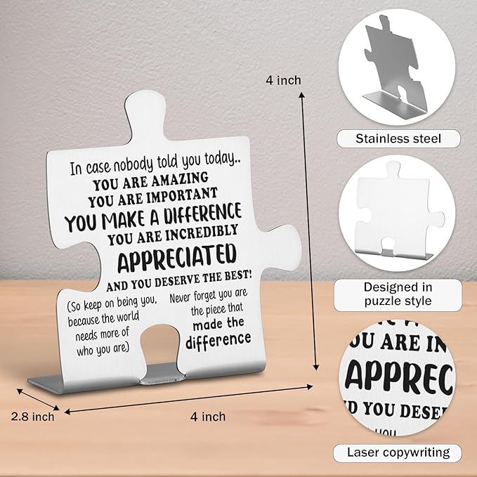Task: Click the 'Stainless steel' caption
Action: click(398, 138)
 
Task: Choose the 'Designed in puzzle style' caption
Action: click(398, 294)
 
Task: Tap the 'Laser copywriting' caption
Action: click(398, 452)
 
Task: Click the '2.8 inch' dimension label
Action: click(32, 417)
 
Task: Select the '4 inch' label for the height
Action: click(284, 80)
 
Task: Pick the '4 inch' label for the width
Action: click(209, 417)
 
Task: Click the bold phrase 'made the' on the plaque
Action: click(218, 322)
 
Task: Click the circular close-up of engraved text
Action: click(398, 380)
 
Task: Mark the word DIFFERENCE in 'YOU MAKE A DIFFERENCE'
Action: click(200, 211)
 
